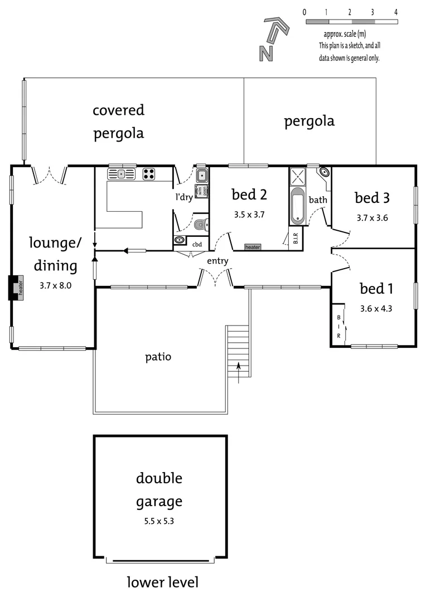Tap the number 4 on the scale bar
click(x=395, y=12)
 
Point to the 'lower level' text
click(x=162, y=582)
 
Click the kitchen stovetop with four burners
click(x=149, y=174)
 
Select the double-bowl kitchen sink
click(x=122, y=174)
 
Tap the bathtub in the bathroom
click(x=297, y=206)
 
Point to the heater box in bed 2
click(x=253, y=247)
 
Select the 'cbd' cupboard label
click(x=197, y=244)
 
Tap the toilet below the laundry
click(x=202, y=225)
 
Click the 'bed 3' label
click(x=372, y=198)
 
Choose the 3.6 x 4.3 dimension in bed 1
click(x=376, y=307)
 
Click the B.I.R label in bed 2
click(x=295, y=239)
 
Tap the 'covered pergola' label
click(x=118, y=122)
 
